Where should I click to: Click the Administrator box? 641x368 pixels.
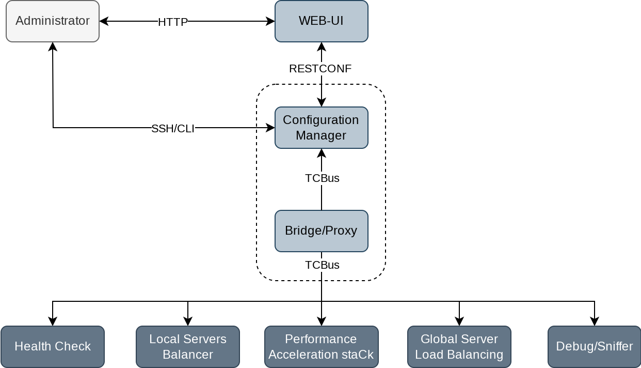(x=53, y=21)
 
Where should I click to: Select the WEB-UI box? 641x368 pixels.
(x=321, y=21)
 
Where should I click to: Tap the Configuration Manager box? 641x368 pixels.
(x=321, y=128)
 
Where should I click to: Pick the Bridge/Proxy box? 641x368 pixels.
(x=321, y=231)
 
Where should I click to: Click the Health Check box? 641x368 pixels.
(x=53, y=347)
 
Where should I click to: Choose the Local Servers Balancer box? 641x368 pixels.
(x=188, y=347)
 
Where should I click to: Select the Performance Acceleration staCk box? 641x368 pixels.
(x=321, y=347)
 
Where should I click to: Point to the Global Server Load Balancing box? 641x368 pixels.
(x=459, y=347)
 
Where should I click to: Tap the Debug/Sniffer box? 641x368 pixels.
(x=595, y=347)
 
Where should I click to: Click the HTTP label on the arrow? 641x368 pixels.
(x=173, y=22)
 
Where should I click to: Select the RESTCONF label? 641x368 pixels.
(x=320, y=68)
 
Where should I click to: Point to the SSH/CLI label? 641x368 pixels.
(x=173, y=129)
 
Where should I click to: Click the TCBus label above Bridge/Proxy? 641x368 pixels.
(x=322, y=178)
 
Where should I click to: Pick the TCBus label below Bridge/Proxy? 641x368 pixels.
(x=322, y=265)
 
